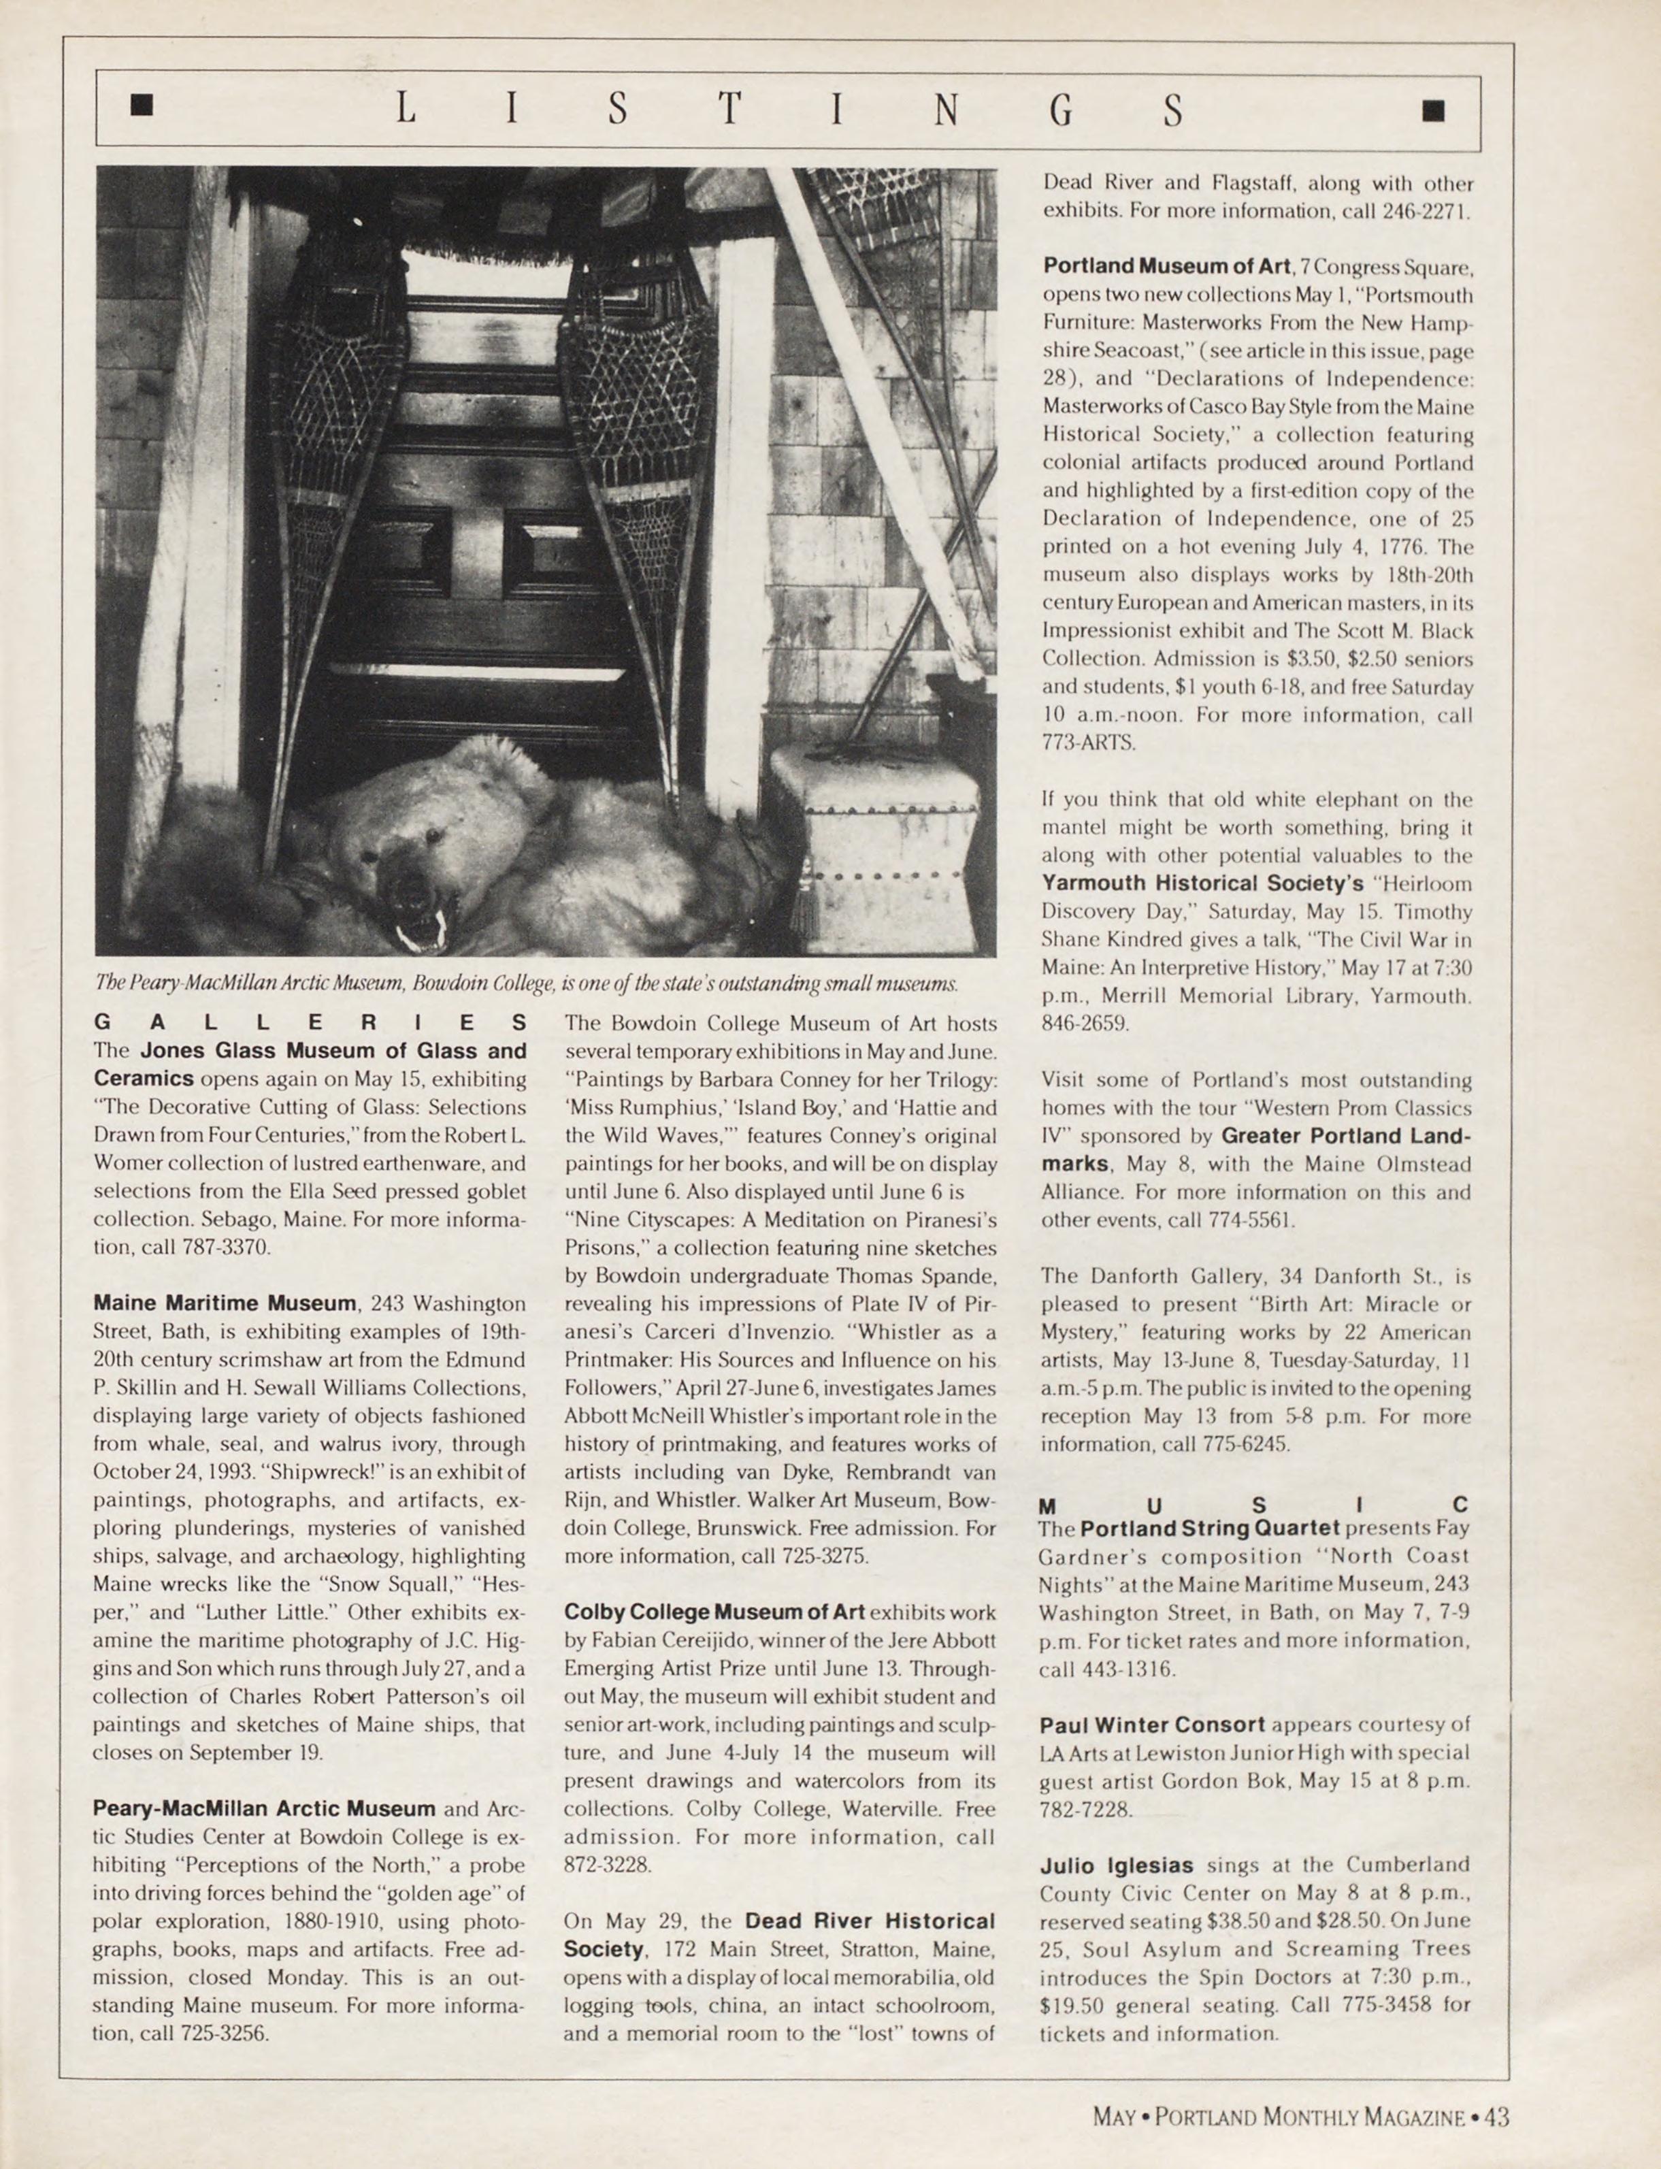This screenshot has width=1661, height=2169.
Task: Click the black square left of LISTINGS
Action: (x=144, y=107)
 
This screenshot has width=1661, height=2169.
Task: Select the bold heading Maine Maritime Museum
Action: (x=225, y=1303)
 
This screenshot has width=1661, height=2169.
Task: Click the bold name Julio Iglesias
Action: (x=1116, y=1865)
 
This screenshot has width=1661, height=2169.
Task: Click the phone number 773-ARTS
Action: (x=1089, y=743)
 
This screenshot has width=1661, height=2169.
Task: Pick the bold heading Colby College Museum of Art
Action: (x=714, y=1612)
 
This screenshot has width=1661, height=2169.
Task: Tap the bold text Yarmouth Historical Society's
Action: (x=1201, y=883)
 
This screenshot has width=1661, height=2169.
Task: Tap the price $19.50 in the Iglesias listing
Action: (x=1072, y=2006)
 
